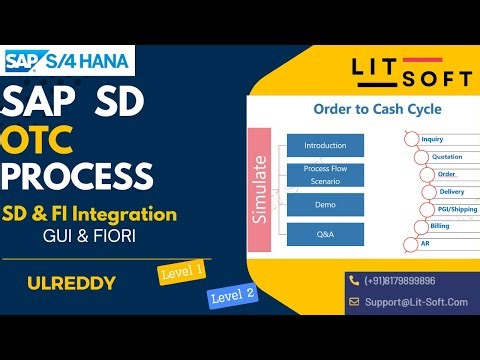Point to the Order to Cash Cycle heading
[x=363, y=109]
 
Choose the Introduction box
[x=325, y=145]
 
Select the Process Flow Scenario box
[x=325, y=176]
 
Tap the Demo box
[x=325, y=205]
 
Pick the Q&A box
[x=325, y=235]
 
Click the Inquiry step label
[x=432, y=140]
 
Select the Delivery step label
[x=451, y=191]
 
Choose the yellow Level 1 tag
[x=181, y=271]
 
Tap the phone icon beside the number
[x=353, y=281]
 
